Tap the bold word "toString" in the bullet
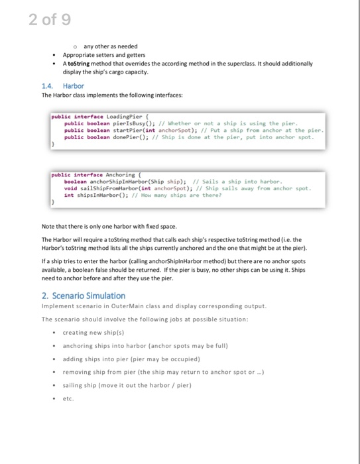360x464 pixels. tap(79, 64)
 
